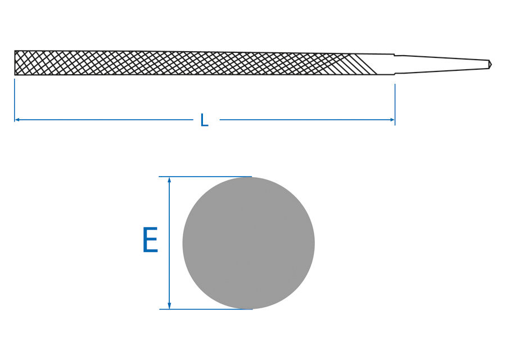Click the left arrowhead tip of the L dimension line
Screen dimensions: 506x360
15,120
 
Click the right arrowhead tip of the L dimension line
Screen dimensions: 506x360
394,120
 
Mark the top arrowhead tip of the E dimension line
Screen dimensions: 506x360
169,177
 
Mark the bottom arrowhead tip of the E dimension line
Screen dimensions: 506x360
169,309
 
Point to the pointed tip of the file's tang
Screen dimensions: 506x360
491,64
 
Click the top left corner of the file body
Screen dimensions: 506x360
15,51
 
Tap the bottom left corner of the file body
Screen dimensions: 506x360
15,75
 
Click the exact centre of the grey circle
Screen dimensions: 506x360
249,243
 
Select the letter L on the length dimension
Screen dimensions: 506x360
204,120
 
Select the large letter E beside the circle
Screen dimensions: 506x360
150,240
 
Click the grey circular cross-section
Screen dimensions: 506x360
249,243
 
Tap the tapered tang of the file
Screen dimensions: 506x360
443,64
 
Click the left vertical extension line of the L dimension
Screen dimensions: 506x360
15,100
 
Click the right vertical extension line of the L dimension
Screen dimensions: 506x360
395,105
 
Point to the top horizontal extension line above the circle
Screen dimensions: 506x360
205,177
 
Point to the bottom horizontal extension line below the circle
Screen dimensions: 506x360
206,309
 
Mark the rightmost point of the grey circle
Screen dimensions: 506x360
315,243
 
